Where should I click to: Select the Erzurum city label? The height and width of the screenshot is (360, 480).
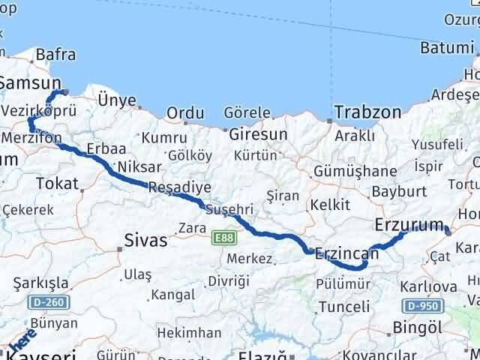408,224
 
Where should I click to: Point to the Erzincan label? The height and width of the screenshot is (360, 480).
347,253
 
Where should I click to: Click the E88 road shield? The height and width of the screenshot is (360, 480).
222,238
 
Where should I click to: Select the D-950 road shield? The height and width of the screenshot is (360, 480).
421,306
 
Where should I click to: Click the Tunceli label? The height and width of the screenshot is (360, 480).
344,307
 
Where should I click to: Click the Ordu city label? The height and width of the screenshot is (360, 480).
185,112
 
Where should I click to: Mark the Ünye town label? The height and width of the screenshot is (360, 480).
117,100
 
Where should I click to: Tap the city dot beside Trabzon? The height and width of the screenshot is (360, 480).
329,120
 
